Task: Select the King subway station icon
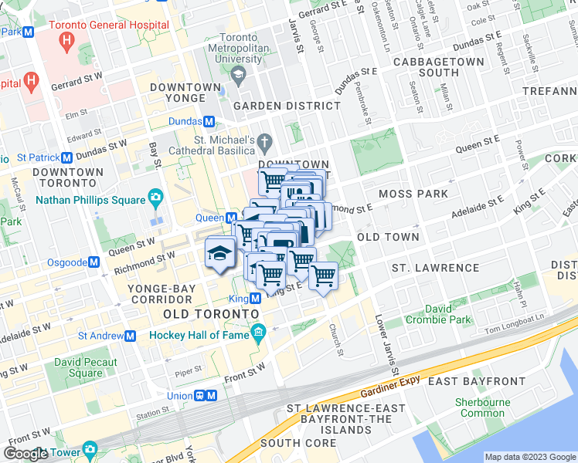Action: click(254, 299)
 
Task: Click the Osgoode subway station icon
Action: click(93, 262)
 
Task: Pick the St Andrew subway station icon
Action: click(131, 336)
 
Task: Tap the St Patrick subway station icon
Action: click(67, 157)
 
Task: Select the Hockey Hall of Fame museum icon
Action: click(257, 335)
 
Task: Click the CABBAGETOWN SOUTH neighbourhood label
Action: click(439, 67)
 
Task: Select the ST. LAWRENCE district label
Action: click(435, 268)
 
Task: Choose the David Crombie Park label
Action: click(438, 313)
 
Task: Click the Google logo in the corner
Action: click(26, 454)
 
